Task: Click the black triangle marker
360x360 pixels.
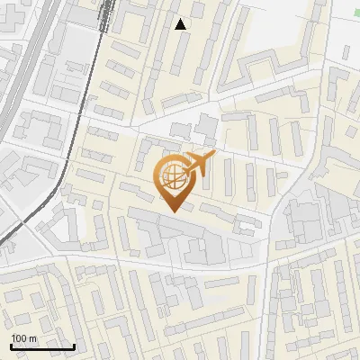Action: pos(181,24)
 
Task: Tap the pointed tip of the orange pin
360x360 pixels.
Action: pos(174,211)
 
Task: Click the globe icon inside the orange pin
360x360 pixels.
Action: pos(173,178)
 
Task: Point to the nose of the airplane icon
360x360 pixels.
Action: pos(214,157)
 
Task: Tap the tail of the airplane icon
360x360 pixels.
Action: pos(184,169)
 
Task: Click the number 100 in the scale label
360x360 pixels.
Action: pos(19,338)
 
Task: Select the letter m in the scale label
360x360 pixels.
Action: pos(31,338)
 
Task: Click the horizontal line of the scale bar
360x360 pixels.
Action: pos(42,346)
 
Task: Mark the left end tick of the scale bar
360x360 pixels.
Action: pos(11,345)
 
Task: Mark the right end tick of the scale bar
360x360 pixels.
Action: pos(74,345)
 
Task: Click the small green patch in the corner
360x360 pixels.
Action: pos(354,4)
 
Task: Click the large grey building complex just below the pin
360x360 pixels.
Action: pos(180,238)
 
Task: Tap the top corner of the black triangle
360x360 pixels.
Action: pos(181,19)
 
